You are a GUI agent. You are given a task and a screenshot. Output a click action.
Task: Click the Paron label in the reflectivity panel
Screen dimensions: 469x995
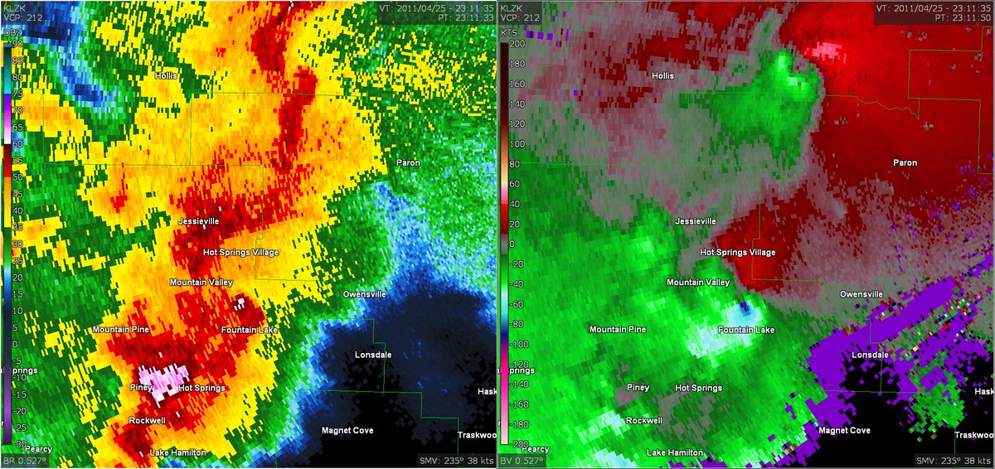[407, 162]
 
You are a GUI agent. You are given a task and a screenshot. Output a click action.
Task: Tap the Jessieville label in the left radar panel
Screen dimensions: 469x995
[204, 222]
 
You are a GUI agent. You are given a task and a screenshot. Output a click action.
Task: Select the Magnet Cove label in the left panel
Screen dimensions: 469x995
[347, 430]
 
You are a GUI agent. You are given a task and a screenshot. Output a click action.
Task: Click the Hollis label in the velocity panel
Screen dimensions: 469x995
[663, 75]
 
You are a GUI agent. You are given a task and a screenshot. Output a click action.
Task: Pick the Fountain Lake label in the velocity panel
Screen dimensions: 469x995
[746, 330]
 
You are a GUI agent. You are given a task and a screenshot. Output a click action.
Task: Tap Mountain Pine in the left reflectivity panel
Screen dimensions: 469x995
[120, 330]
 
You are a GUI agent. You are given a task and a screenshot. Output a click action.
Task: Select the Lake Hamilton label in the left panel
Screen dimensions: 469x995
[177, 452]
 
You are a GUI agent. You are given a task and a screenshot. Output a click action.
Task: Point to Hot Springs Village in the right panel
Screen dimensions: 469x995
[738, 252]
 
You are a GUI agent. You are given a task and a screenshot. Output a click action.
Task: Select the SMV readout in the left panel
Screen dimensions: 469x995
[453, 461]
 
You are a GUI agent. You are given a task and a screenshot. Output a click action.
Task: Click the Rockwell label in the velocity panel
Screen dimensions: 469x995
[643, 421]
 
